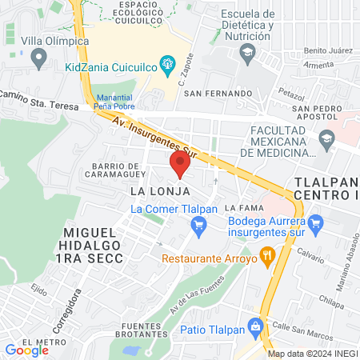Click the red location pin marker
pyautogui.click(x=180, y=165)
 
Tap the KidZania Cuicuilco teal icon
pyautogui.click(x=167, y=62)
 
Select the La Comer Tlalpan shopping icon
pyautogui.click(x=199, y=226)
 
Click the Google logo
pyautogui.click(x=26, y=350)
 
